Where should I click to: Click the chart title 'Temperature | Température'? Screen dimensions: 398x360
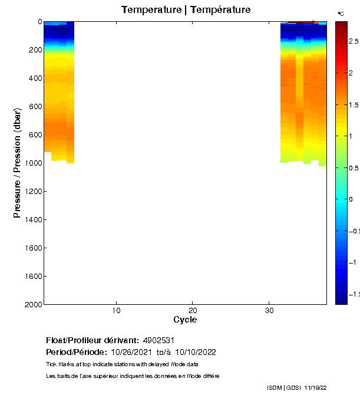click(x=186, y=10)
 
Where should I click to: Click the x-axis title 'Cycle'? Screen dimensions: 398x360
click(x=185, y=320)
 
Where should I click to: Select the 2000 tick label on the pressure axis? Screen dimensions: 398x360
click(x=32, y=305)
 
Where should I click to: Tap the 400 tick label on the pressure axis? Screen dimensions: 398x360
click(x=34, y=78)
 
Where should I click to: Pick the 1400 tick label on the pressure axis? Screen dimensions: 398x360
click(x=32, y=220)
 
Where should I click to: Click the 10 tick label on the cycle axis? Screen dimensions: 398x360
click(x=117, y=310)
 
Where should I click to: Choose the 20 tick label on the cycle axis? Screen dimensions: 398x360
click(x=193, y=310)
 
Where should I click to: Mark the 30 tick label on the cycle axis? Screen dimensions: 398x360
click(x=269, y=310)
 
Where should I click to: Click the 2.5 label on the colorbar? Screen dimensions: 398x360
click(x=354, y=41)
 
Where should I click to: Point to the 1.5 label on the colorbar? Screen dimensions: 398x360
click(x=354, y=104)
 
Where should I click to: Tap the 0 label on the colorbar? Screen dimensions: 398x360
click(x=351, y=199)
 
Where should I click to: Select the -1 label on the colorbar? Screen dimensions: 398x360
click(x=354, y=262)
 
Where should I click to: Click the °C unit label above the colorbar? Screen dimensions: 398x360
click(x=341, y=13)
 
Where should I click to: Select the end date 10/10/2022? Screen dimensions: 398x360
click(x=196, y=353)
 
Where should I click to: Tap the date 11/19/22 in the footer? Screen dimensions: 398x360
click(x=315, y=387)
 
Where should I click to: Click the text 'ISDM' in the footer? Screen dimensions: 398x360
click(x=274, y=387)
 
